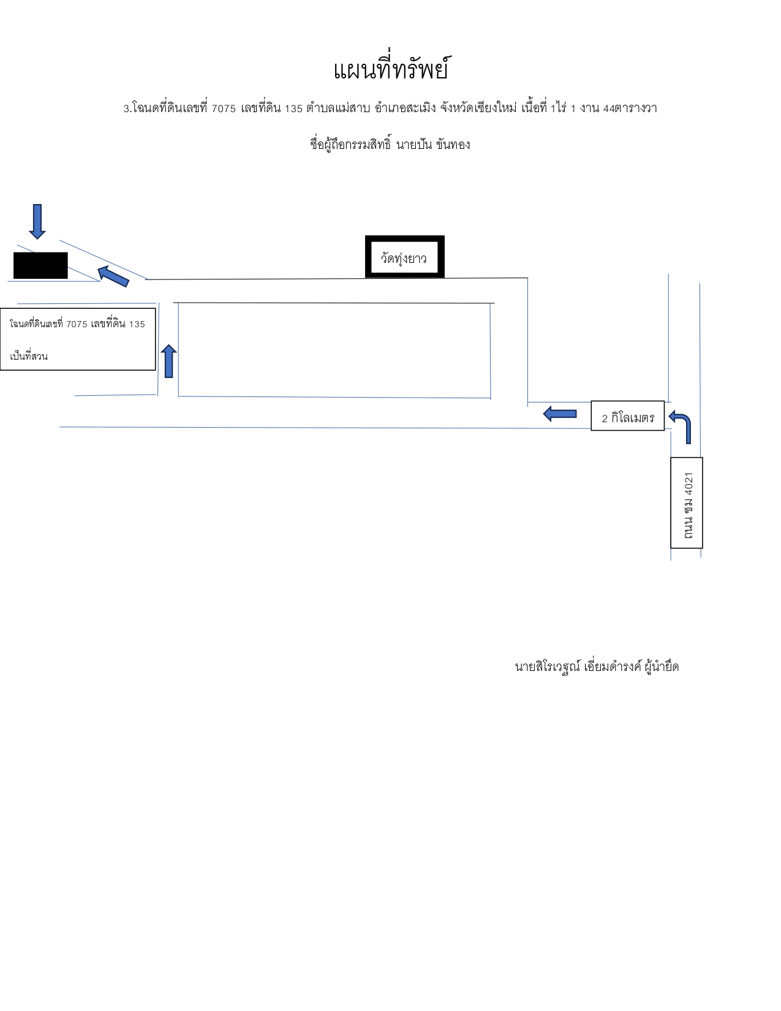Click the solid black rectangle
coord(40,265)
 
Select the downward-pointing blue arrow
coord(37,221)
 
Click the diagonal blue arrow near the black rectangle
coord(113,276)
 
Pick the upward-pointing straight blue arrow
coord(168,361)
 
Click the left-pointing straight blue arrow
coord(560,414)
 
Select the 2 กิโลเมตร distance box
coord(627,415)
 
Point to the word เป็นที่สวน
coord(29,357)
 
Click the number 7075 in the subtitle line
coord(224,109)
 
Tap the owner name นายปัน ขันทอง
coord(433,145)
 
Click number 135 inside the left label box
coord(137,324)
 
